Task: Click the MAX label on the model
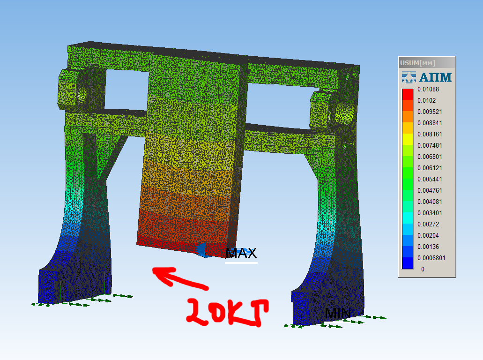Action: pyautogui.click(x=241, y=253)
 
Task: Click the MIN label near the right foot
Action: pyautogui.click(x=338, y=314)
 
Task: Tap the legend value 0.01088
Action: pyautogui.click(x=428, y=90)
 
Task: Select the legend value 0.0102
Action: pyautogui.click(x=427, y=100)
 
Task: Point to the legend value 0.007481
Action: pyautogui.click(x=430, y=145)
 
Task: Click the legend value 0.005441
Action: pyautogui.click(x=430, y=180)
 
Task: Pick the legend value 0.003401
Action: pyautogui.click(x=430, y=213)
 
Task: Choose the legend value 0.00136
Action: pyautogui.click(x=428, y=247)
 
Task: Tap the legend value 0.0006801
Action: pyautogui.click(x=431, y=258)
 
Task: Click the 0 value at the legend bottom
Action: pyautogui.click(x=423, y=270)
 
